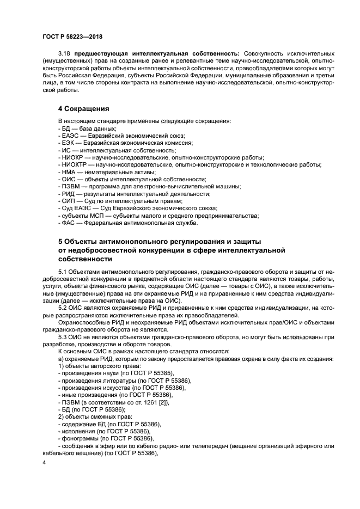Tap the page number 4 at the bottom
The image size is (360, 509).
(x=45, y=462)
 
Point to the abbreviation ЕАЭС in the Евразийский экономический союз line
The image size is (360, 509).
(x=70, y=135)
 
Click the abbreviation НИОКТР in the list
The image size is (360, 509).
(x=73, y=164)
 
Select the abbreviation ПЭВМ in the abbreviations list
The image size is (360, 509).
(x=69, y=186)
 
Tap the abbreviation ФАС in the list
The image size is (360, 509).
(x=68, y=223)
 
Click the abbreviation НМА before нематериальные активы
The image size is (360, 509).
(x=68, y=171)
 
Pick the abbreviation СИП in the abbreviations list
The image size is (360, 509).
(x=68, y=201)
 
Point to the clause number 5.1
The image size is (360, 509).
(x=63, y=271)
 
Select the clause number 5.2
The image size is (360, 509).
(x=63, y=308)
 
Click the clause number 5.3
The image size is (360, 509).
(x=63, y=337)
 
